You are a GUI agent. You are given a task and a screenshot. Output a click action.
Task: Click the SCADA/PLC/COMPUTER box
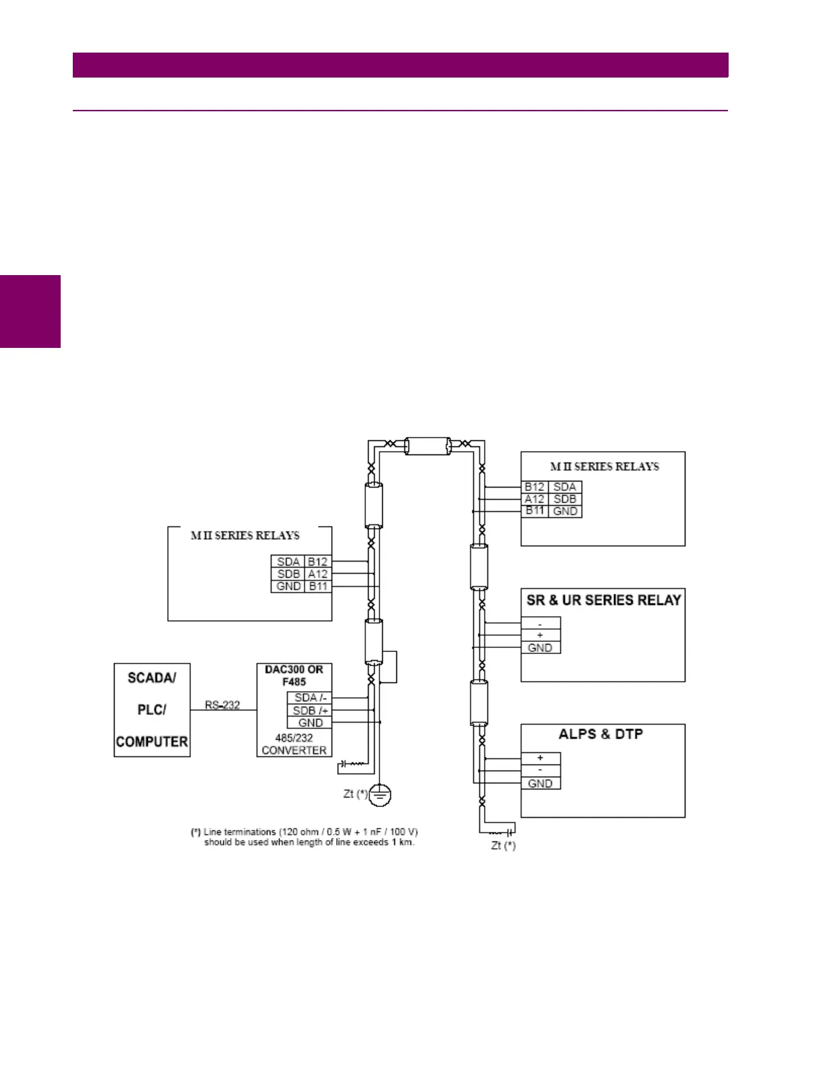pos(152,709)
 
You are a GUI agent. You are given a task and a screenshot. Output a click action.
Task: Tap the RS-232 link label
pos(222,705)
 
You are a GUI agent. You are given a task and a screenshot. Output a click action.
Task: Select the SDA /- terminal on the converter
pos(310,698)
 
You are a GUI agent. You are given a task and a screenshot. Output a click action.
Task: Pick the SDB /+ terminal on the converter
pos(310,711)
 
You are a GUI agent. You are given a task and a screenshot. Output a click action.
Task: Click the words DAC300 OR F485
pos(294,676)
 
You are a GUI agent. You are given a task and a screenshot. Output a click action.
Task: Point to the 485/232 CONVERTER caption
pos(294,744)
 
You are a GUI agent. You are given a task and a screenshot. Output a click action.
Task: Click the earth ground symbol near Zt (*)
pos(381,795)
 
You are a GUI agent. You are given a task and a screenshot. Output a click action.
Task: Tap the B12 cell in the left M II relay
pos(317,562)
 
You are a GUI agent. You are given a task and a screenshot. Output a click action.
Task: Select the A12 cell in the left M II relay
pos(317,574)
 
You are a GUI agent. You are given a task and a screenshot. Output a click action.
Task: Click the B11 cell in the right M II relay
pos(534,511)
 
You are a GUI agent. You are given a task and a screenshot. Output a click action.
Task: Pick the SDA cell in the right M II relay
pos(565,487)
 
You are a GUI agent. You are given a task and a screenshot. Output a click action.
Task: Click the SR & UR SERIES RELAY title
pos(603,600)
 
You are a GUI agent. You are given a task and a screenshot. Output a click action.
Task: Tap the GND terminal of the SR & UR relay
pos(540,648)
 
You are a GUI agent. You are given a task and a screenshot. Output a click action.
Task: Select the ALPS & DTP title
pos(601,734)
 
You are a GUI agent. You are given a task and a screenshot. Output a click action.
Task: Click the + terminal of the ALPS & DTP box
pos(540,758)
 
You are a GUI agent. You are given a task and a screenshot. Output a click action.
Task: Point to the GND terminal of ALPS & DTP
pos(540,783)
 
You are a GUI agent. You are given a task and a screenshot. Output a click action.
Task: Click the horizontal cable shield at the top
pos(427,446)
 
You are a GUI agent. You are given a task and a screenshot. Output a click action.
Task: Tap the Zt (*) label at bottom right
pos(503,845)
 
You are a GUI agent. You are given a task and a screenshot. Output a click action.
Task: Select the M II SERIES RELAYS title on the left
pos(245,535)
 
